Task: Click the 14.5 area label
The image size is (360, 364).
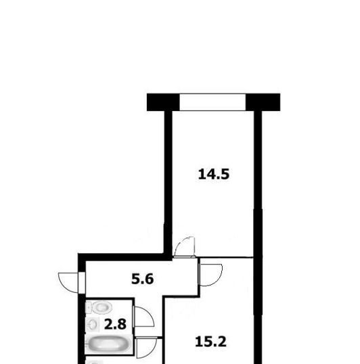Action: [x=214, y=174]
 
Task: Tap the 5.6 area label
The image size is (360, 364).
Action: [x=143, y=279]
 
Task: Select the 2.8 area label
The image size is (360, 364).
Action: [x=115, y=324]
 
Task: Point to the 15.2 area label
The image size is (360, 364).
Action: [x=210, y=342]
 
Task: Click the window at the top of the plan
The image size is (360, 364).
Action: [x=212, y=102]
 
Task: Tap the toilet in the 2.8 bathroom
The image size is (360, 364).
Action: [x=99, y=307]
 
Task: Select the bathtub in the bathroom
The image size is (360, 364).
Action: [x=109, y=344]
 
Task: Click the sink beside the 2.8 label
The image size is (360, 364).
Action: [x=93, y=324]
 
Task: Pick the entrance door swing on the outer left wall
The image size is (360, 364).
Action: [x=69, y=283]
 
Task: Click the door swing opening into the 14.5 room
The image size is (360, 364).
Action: [x=185, y=247]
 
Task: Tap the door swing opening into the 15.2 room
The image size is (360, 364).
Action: [x=210, y=275]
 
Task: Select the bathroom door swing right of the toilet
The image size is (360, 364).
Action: [x=143, y=317]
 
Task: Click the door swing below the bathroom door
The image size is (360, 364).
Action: [x=147, y=347]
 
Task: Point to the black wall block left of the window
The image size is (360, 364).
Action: [x=163, y=102]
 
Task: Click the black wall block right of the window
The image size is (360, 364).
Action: [x=263, y=102]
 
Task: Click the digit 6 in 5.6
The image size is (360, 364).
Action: [x=150, y=279]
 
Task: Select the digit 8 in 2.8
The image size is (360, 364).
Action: [x=122, y=324]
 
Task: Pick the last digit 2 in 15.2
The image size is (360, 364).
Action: [x=222, y=342]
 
